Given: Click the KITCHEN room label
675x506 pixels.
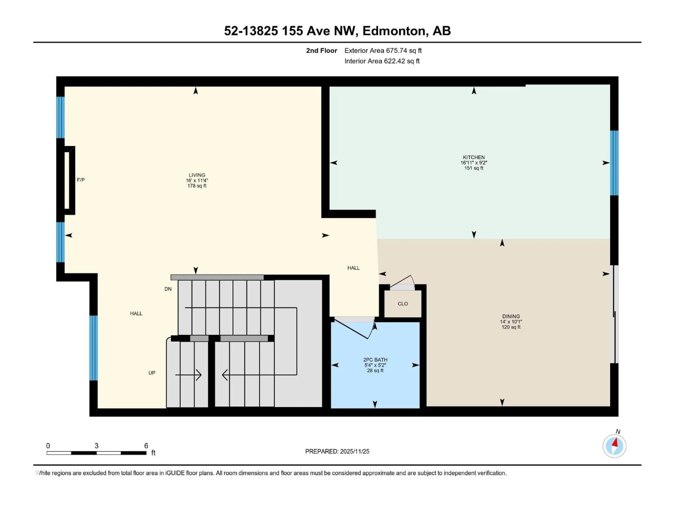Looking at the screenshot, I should tap(474, 157).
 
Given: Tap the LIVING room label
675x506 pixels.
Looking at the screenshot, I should tap(197, 175).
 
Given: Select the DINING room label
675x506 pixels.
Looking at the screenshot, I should tap(511, 316).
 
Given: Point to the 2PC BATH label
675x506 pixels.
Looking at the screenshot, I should tap(375, 360).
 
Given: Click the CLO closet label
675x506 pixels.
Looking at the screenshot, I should tap(403, 304).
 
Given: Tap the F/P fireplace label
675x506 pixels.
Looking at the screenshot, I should tap(81, 180).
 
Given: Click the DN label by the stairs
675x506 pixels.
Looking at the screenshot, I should tap(168, 289).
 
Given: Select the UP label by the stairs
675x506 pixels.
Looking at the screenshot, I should tap(152, 373).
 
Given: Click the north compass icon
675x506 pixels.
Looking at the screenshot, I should tap(614, 446).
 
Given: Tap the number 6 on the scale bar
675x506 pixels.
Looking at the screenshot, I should tap(146, 446).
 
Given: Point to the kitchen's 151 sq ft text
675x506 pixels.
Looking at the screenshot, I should tap(474, 168).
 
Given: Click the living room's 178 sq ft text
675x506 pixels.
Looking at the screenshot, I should tap(197, 186).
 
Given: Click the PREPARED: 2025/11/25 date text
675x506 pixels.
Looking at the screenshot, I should tap(337, 451).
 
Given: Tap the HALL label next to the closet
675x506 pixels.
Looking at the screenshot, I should tap(353, 268).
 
